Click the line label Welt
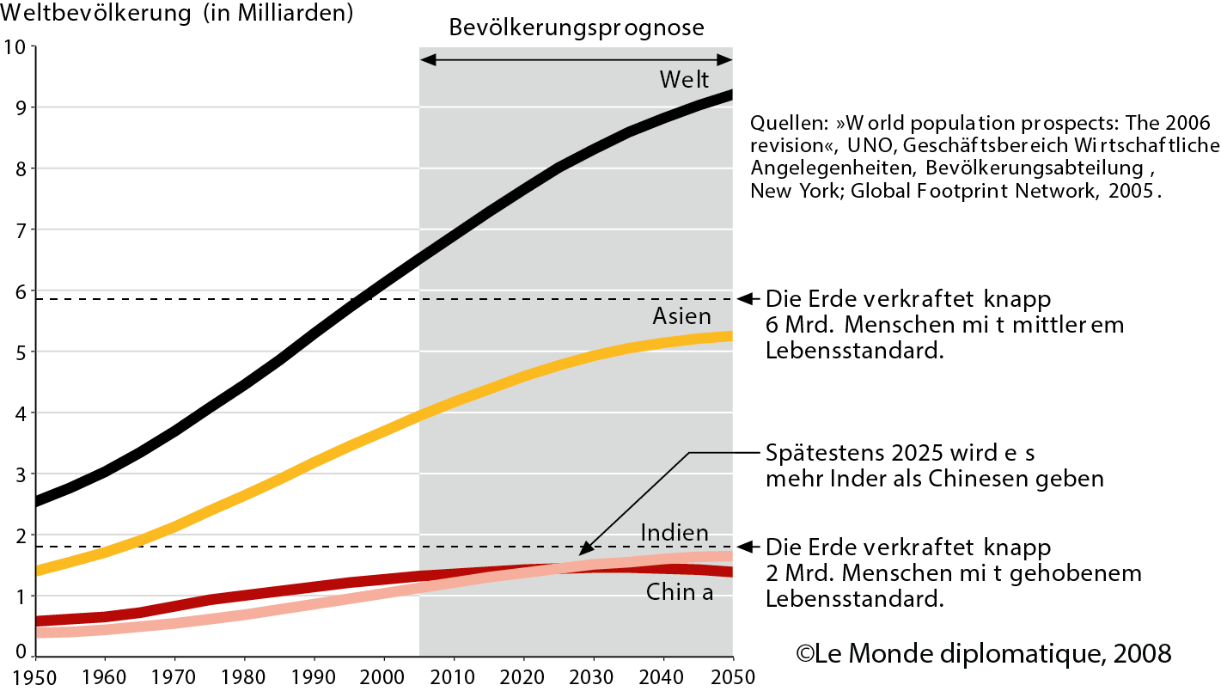684,80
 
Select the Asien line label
681,317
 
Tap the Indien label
675,533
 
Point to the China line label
679,592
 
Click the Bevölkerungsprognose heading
576,28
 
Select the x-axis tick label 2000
384,676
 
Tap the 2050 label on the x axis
732,676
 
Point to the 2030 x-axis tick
593,676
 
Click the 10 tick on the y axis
15,47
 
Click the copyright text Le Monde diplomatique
983,653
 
